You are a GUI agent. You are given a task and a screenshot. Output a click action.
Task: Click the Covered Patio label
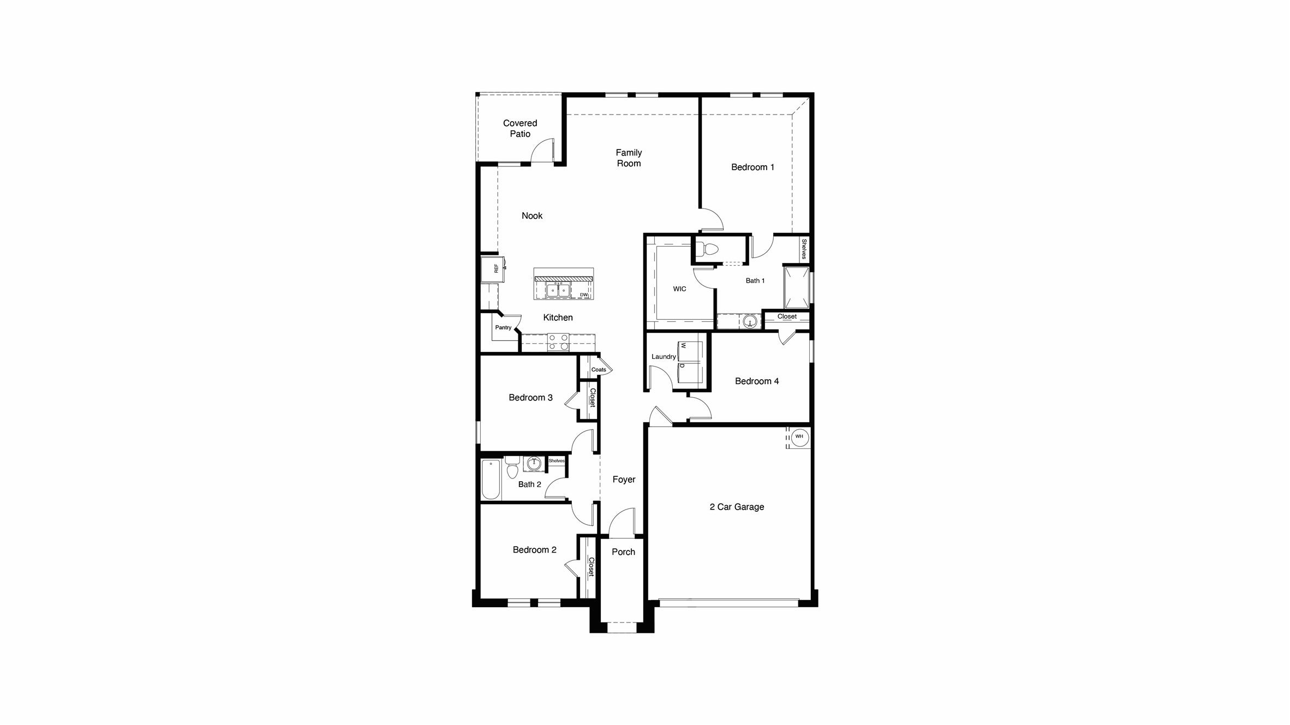(519, 128)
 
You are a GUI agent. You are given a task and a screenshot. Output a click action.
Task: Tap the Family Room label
(629, 158)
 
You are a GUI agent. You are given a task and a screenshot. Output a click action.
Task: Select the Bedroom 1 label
(752, 167)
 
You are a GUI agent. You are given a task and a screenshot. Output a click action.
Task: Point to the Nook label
(532, 215)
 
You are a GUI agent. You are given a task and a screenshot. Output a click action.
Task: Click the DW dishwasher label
(584, 295)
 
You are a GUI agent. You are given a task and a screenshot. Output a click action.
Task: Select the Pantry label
(503, 327)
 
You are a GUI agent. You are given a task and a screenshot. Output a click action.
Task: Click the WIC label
(679, 289)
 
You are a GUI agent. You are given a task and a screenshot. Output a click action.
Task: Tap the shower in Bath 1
(797, 287)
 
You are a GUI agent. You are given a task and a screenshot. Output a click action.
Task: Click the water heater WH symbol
(799, 436)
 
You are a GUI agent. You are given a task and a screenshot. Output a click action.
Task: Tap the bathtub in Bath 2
(491, 480)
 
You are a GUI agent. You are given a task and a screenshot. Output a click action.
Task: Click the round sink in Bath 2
(533, 464)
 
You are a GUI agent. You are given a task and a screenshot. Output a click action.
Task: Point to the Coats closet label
(599, 369)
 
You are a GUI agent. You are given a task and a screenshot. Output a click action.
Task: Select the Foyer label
(624, 479)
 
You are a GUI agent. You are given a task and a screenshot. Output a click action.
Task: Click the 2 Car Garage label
(737, 507)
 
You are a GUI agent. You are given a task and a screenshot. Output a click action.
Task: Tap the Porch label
(623, 552)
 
